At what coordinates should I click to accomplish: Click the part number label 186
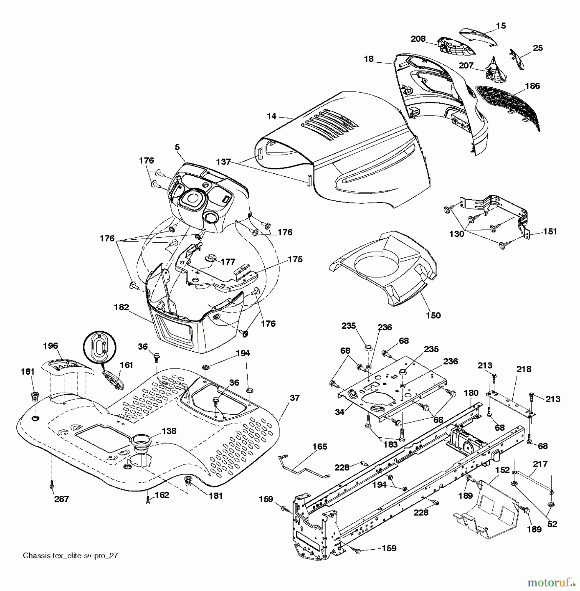pos(532,86)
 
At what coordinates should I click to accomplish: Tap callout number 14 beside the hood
pos(271,116)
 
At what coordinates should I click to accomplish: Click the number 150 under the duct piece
pos(433,315)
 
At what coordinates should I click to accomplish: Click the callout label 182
pos(122,307)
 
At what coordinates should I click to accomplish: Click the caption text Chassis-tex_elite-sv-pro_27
pos(70,556)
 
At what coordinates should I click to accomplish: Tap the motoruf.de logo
pos(551,583)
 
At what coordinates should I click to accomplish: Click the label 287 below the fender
pos(61,499)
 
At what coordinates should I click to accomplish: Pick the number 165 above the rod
pos(320,447)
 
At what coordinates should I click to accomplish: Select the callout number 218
pos(524,369)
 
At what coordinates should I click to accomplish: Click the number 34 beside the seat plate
pos(340,412)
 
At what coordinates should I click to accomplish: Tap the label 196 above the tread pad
pos(50,346)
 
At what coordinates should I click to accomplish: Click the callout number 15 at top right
pos(501,26)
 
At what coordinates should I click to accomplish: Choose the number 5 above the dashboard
pos(177,147)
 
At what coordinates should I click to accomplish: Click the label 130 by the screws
pos(457,234)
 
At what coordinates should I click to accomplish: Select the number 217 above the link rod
pos(540,464)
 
